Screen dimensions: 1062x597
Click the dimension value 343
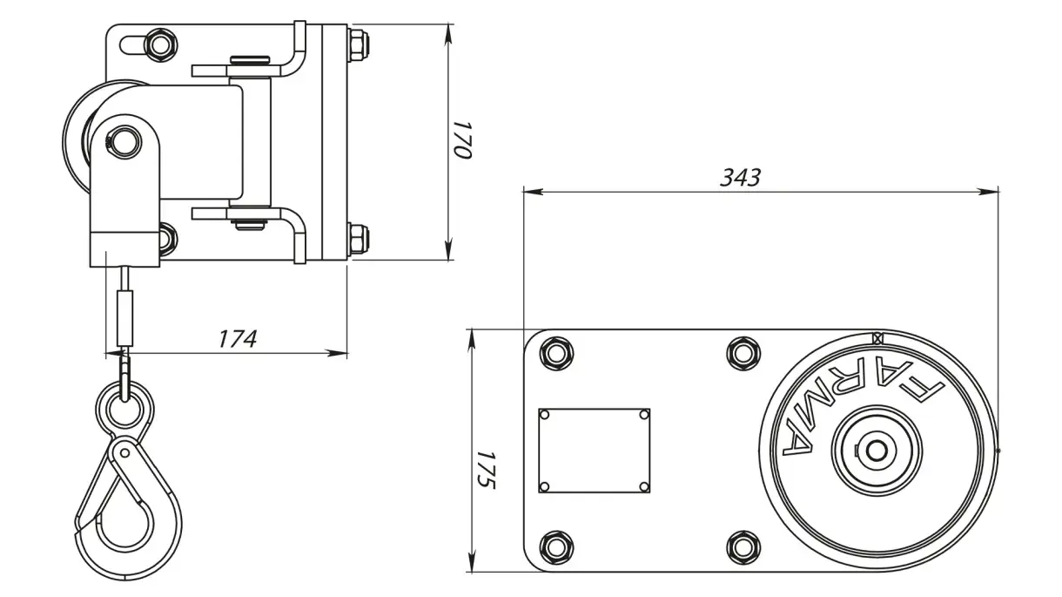740,178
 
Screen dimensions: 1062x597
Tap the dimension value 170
461,140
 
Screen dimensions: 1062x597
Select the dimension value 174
238,339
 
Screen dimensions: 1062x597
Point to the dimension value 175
486,470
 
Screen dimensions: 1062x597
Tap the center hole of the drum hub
876,451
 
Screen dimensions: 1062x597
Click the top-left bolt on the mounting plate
556,354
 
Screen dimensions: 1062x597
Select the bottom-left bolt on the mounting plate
556,547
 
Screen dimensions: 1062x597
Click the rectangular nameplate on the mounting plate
594,451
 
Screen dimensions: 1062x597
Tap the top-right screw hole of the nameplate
644,415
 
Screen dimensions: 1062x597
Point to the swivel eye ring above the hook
124,408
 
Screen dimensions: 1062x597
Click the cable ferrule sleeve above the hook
124,318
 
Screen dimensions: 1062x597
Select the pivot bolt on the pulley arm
124,142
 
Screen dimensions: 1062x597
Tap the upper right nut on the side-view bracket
358,45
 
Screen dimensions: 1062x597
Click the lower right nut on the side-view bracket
358,239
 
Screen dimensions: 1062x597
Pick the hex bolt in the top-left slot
160,45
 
